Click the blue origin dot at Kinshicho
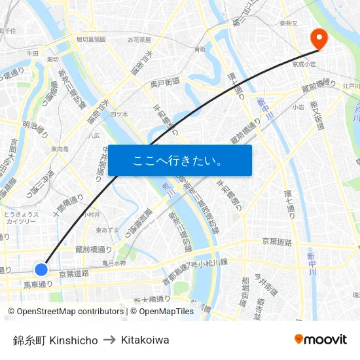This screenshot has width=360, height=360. click(x=41, y=269)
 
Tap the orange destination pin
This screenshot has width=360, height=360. click(x=319, y=38)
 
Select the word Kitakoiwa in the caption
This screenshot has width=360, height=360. click(x=145, y=340)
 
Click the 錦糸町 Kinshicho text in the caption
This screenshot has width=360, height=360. click(x=55, y=340)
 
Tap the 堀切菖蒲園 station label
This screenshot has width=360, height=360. click(x=91, y=39)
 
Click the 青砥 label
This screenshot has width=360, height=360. click(x=200, y=49)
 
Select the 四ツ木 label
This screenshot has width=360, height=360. click(x=118, y=114)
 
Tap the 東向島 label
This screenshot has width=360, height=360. click(x=60, y=149)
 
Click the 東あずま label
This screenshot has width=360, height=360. click(x=107, y=230)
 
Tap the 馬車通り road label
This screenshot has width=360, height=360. click(x=37, y=284)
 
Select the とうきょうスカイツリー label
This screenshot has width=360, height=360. click(x=21, y=218)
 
